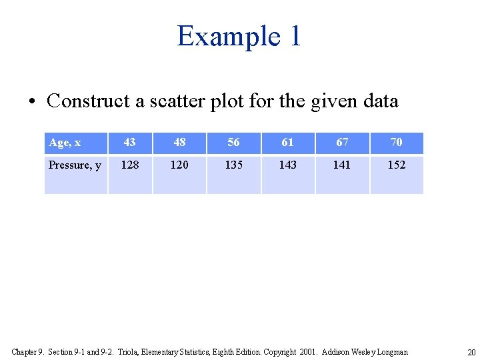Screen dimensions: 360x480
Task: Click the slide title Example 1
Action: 239,36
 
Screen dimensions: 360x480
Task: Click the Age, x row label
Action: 65,143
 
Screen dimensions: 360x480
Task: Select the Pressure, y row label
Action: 75,165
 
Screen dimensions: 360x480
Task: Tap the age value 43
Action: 129,143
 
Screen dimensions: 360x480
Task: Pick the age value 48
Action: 179,143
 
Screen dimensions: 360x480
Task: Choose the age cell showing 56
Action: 233,143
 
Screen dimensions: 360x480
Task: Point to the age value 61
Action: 287,143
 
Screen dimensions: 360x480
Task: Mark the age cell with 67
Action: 342,143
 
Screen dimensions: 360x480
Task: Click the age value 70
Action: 396,143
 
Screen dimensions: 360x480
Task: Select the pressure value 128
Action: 129,165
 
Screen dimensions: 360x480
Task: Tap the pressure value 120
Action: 179,165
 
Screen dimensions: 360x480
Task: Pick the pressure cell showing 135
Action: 233,165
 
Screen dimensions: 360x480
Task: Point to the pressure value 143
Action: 287,165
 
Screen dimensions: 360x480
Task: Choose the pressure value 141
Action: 342,165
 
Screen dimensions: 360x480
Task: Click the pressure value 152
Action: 396,165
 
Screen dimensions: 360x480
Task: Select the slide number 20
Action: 471,352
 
